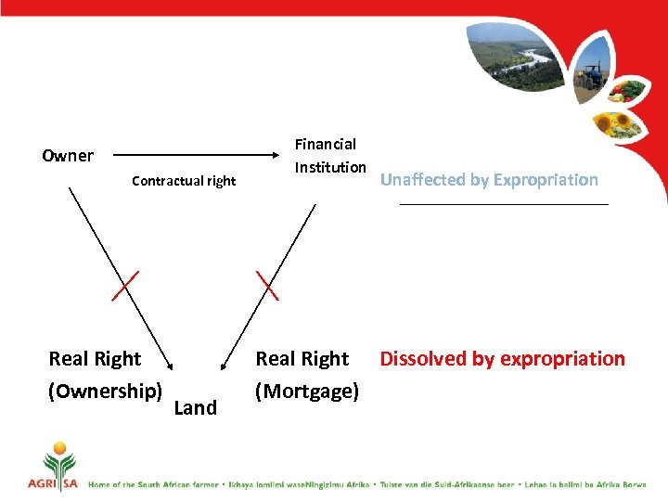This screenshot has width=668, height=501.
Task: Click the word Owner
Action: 68,156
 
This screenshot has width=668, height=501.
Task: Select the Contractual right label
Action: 184,181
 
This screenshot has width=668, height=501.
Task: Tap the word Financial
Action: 325,144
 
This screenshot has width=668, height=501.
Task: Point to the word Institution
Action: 329,167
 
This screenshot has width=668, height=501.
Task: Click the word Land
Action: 195,407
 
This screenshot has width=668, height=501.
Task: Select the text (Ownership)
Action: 105,391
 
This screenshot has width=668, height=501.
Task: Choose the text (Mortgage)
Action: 306,391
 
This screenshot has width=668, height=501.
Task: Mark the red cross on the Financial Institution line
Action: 267,285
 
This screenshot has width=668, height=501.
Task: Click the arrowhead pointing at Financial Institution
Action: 282,156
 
